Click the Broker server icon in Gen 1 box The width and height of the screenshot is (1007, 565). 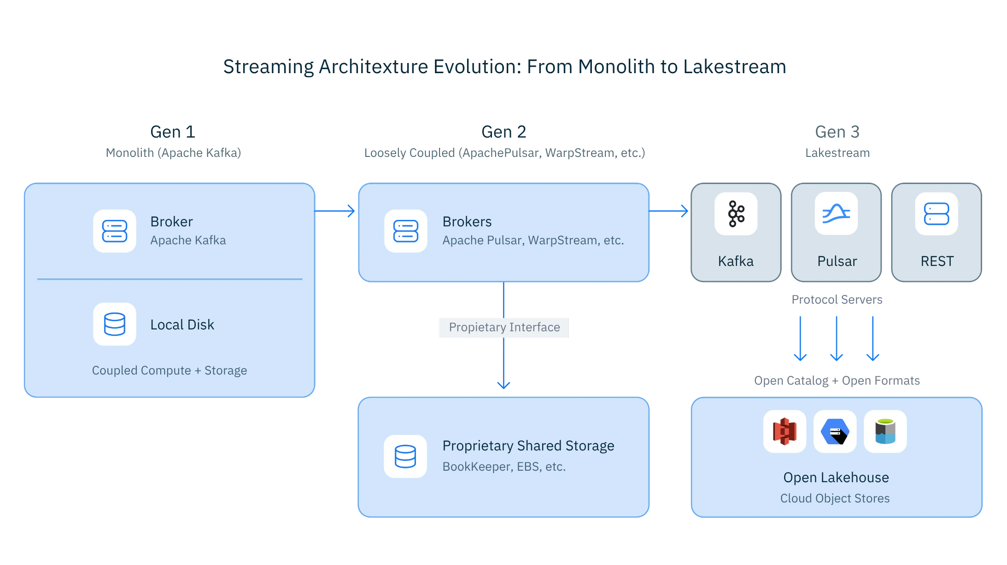(x=115, y=231)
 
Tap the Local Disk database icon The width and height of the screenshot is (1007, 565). (x=115, y=324)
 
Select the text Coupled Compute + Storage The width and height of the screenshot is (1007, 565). (x=169, y=370)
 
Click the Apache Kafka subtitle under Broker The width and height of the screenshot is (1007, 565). (x=188, y=240)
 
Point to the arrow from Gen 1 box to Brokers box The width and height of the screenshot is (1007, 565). (x=336, y=211)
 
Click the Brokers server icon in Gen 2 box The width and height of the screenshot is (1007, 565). (x=406, y=231)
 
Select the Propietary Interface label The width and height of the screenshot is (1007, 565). (x=504, y=327)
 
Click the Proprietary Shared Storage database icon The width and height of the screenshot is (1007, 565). (x=405, y=456)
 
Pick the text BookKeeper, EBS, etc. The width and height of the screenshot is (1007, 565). (x=504, y=467)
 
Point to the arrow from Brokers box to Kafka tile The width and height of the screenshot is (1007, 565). (x=669, y=211)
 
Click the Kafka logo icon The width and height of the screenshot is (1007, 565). (x=736, y=214)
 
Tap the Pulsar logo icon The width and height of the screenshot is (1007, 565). (x=836, y=214)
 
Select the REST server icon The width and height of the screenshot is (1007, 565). (x=937, y=214)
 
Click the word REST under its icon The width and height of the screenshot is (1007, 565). (x=937, y=261)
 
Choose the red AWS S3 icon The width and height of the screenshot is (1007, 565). (x=785, y=432)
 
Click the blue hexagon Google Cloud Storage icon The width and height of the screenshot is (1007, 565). (x=835, y=432)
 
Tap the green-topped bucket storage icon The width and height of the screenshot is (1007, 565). (x=885, y=432)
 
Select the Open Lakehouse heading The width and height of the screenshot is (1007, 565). (x=836, y=478)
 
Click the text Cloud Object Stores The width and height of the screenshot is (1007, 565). (x=835, y=498)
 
